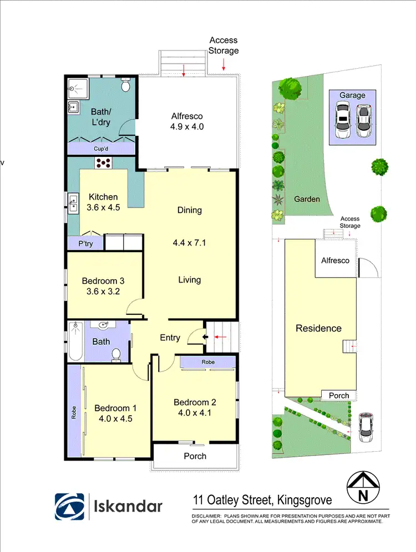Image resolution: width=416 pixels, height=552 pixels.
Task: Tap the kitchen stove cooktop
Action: [x=104, y=163]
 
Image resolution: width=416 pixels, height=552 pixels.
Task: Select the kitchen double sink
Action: [x=73, y=203]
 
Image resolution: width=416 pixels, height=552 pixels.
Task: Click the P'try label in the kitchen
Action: [x=85, y=243]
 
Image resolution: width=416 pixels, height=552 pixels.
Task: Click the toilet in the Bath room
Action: [x=116, y=354]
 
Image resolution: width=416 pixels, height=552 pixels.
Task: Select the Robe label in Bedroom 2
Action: [x=208, y=362]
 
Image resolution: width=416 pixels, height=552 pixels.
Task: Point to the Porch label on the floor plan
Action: [x=195, y=456]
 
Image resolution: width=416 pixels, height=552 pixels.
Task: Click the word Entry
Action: [x=170, y=337]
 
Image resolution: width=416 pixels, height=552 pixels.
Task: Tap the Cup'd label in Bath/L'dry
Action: [x=101, y=149]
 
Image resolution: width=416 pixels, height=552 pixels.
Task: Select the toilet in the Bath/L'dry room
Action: [x=126, y=86]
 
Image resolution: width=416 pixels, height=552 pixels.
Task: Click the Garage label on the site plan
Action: [x=352, y=95]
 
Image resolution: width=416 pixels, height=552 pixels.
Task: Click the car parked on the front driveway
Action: [x=365, y=427]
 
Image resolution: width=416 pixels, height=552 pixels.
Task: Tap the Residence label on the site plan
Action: [x=318, y=328]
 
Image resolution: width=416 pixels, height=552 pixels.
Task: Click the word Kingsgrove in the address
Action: [x=303, y=501]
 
